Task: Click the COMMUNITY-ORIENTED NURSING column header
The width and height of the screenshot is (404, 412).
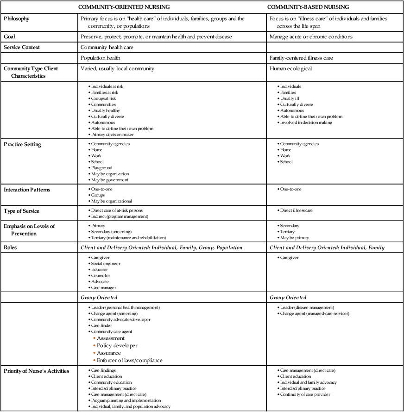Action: click(x=124, y=7)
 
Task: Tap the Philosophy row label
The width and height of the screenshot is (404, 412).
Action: click(x=17, y=19)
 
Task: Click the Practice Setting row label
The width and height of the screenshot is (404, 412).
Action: click(x=22, y=144)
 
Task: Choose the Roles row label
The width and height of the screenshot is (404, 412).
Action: click(x=11, y=247)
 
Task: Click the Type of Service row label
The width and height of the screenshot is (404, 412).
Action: click(x=21, y=211)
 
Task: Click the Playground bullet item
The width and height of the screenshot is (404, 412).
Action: click(x=101, y=168)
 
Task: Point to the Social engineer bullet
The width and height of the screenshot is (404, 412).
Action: click(x=106, y=264)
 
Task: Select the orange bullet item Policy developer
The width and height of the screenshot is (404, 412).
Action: click(x=117, y=345)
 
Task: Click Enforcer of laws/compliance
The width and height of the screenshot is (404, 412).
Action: click(x=130, y=360)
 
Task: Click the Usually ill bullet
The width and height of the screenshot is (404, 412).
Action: click(x=290, y=98)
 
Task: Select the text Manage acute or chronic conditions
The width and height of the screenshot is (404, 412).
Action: click(x=313, y=37)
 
